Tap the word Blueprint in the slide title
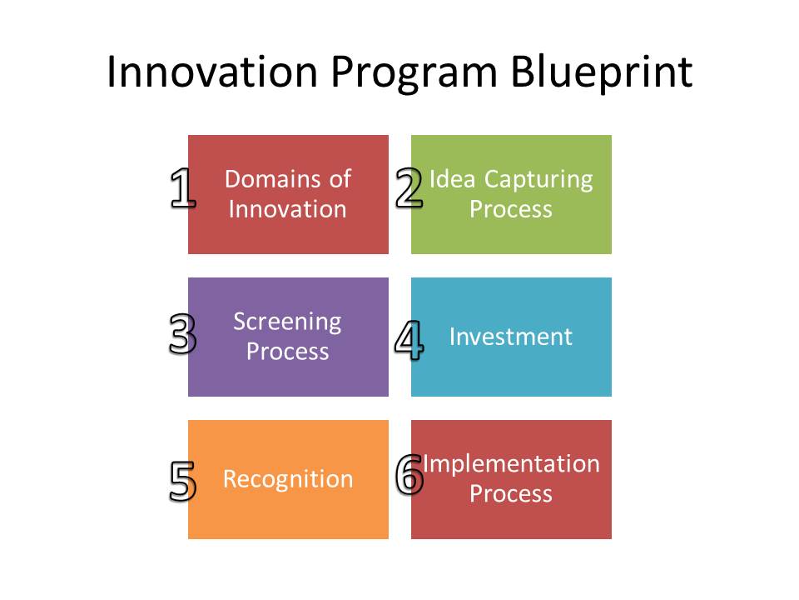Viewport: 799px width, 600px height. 602,73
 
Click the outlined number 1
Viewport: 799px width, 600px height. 182,188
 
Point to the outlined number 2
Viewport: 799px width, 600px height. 409,188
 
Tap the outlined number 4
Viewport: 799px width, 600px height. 408,340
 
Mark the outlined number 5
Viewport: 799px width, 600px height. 182,482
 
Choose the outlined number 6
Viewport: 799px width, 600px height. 409,474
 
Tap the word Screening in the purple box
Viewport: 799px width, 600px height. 287,322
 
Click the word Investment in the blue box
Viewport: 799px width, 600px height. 511,337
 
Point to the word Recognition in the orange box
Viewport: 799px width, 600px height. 288,480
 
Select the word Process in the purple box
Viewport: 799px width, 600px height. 288,352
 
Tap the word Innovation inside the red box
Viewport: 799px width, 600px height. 287,209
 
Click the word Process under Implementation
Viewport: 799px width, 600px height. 511,494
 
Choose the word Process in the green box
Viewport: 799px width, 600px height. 511,209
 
